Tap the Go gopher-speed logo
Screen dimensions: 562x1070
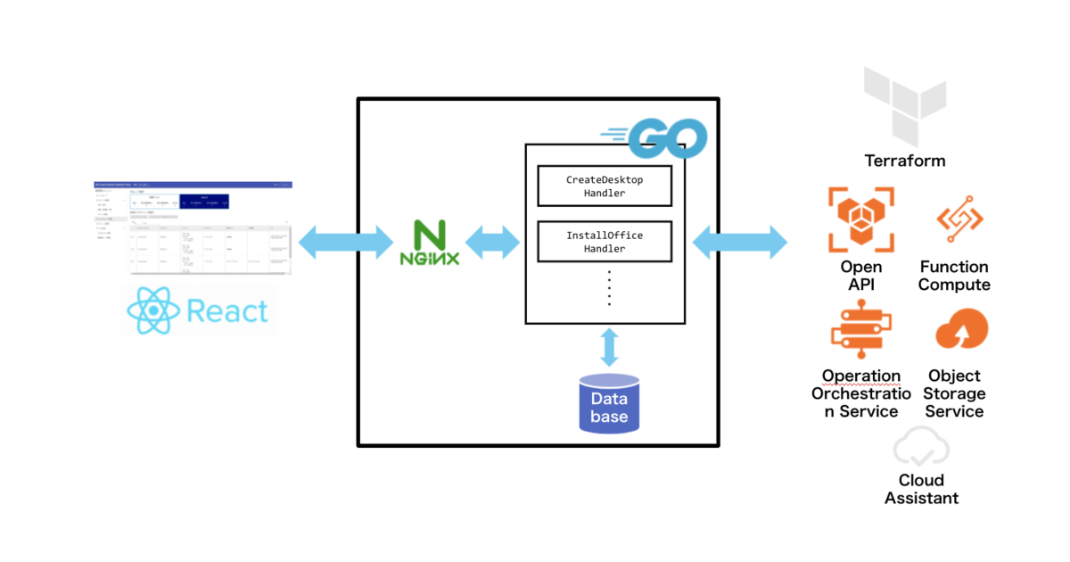coord(656,136)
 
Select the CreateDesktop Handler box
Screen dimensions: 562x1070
coord(604,186)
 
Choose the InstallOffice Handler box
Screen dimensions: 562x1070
coord(604,242)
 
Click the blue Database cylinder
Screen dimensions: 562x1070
coord(609,404)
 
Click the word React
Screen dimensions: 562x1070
coord(227,311)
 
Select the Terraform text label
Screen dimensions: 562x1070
coord(904,161)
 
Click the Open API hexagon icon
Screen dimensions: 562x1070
coord(860,219)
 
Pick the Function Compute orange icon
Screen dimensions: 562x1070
coord(959,219)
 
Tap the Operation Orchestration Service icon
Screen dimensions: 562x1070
coord(860,331)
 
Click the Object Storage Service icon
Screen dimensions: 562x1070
coord(960,330)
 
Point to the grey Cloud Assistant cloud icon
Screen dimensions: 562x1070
coord(922,448)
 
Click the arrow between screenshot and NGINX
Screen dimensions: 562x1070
coord(346,242)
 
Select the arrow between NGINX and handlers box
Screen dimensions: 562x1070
coord(492,242)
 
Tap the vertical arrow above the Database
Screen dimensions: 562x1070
coord(609,347)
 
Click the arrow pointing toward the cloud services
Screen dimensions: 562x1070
coord(740,242)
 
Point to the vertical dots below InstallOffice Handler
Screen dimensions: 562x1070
coord(609,287)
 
